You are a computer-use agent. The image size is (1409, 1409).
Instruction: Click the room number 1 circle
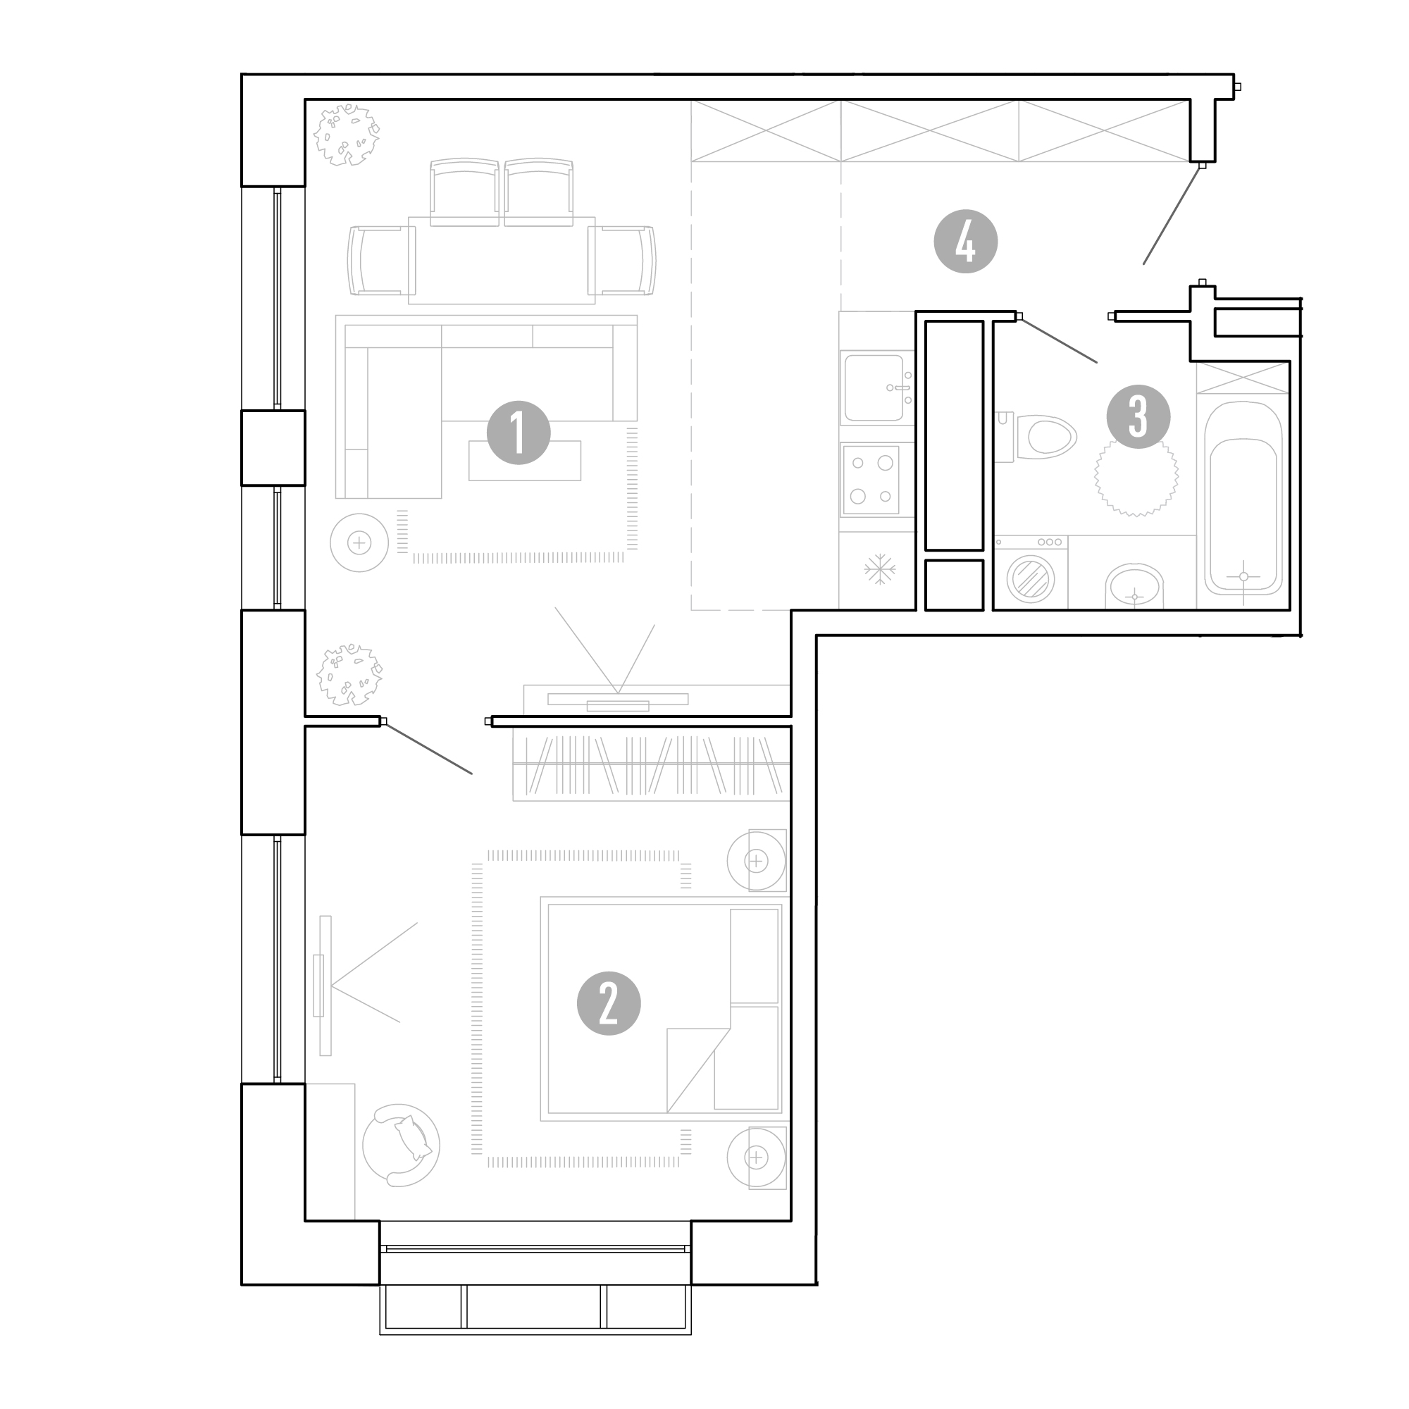click(x=518, y=433)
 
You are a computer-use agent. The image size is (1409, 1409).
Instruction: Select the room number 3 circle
click(x=1138, y=416)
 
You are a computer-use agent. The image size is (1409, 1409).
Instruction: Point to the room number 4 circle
click(x=966, y=242)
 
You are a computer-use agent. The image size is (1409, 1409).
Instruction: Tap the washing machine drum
click(x=1031, y=580)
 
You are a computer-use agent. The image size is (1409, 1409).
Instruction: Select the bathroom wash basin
click(x=1134, y=586)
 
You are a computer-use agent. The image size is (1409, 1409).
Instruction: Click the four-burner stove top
click(x=871, y=480)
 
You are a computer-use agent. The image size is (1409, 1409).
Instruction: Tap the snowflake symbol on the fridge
click(x=879, y=569)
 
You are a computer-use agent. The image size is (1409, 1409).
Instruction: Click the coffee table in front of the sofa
click(x=524, y=461)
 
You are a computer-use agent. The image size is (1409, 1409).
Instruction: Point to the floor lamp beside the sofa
click(x=359, y=542)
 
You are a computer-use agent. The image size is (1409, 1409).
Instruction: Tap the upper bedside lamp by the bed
click(x=756, y=861)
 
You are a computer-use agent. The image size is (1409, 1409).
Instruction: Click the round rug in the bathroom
click(x=1136, y=475)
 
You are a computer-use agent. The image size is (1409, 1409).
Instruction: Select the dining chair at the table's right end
click(x=622, y=261)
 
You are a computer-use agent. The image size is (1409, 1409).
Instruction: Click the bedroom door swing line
click(x=428, y=748)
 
